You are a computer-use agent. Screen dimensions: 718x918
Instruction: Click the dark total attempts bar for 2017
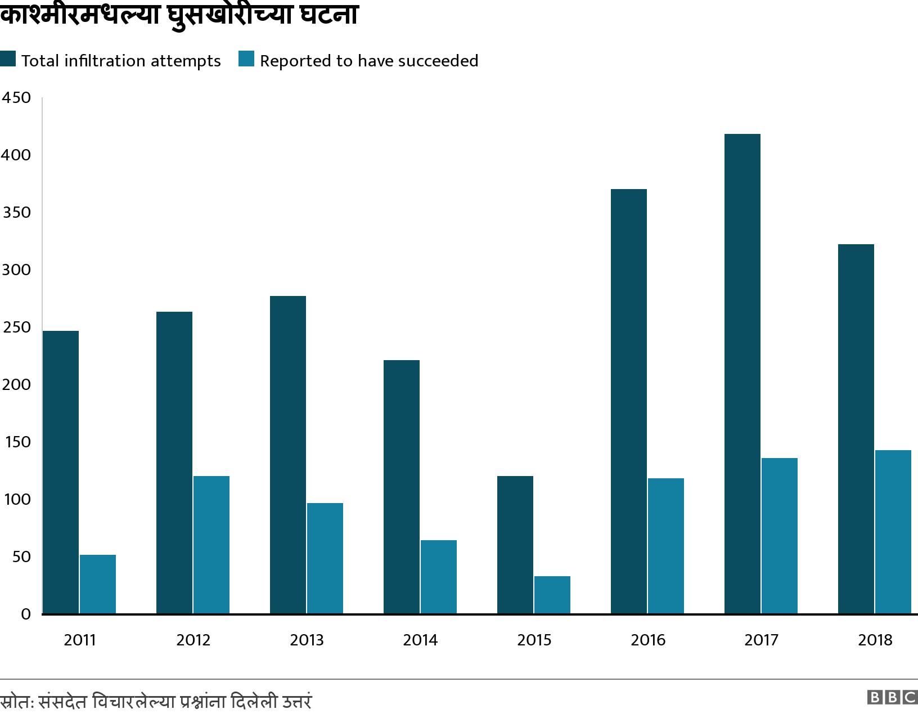742,374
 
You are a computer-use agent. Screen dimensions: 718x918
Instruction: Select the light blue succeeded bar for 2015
552,595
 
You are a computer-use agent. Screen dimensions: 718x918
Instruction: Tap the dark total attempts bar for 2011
61,472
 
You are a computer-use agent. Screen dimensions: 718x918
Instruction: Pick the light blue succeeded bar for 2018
893,532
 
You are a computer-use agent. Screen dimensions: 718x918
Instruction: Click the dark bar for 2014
401,487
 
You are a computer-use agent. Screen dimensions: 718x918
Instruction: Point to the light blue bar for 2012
211,545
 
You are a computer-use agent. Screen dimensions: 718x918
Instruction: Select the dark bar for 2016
628,401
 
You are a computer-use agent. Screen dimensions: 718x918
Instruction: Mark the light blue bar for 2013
325,558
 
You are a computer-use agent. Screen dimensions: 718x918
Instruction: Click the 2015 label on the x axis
534,640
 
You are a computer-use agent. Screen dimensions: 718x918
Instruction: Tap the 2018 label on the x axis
875,640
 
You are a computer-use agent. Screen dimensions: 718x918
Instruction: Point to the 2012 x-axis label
193,640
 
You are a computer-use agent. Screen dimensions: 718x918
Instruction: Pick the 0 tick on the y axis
25,614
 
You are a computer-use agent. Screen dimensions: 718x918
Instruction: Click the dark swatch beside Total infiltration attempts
8,59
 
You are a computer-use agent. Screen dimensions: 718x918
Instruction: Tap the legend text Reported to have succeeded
368,61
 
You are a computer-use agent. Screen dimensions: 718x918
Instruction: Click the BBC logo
892,697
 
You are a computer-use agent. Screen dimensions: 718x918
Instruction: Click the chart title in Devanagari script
179,15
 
